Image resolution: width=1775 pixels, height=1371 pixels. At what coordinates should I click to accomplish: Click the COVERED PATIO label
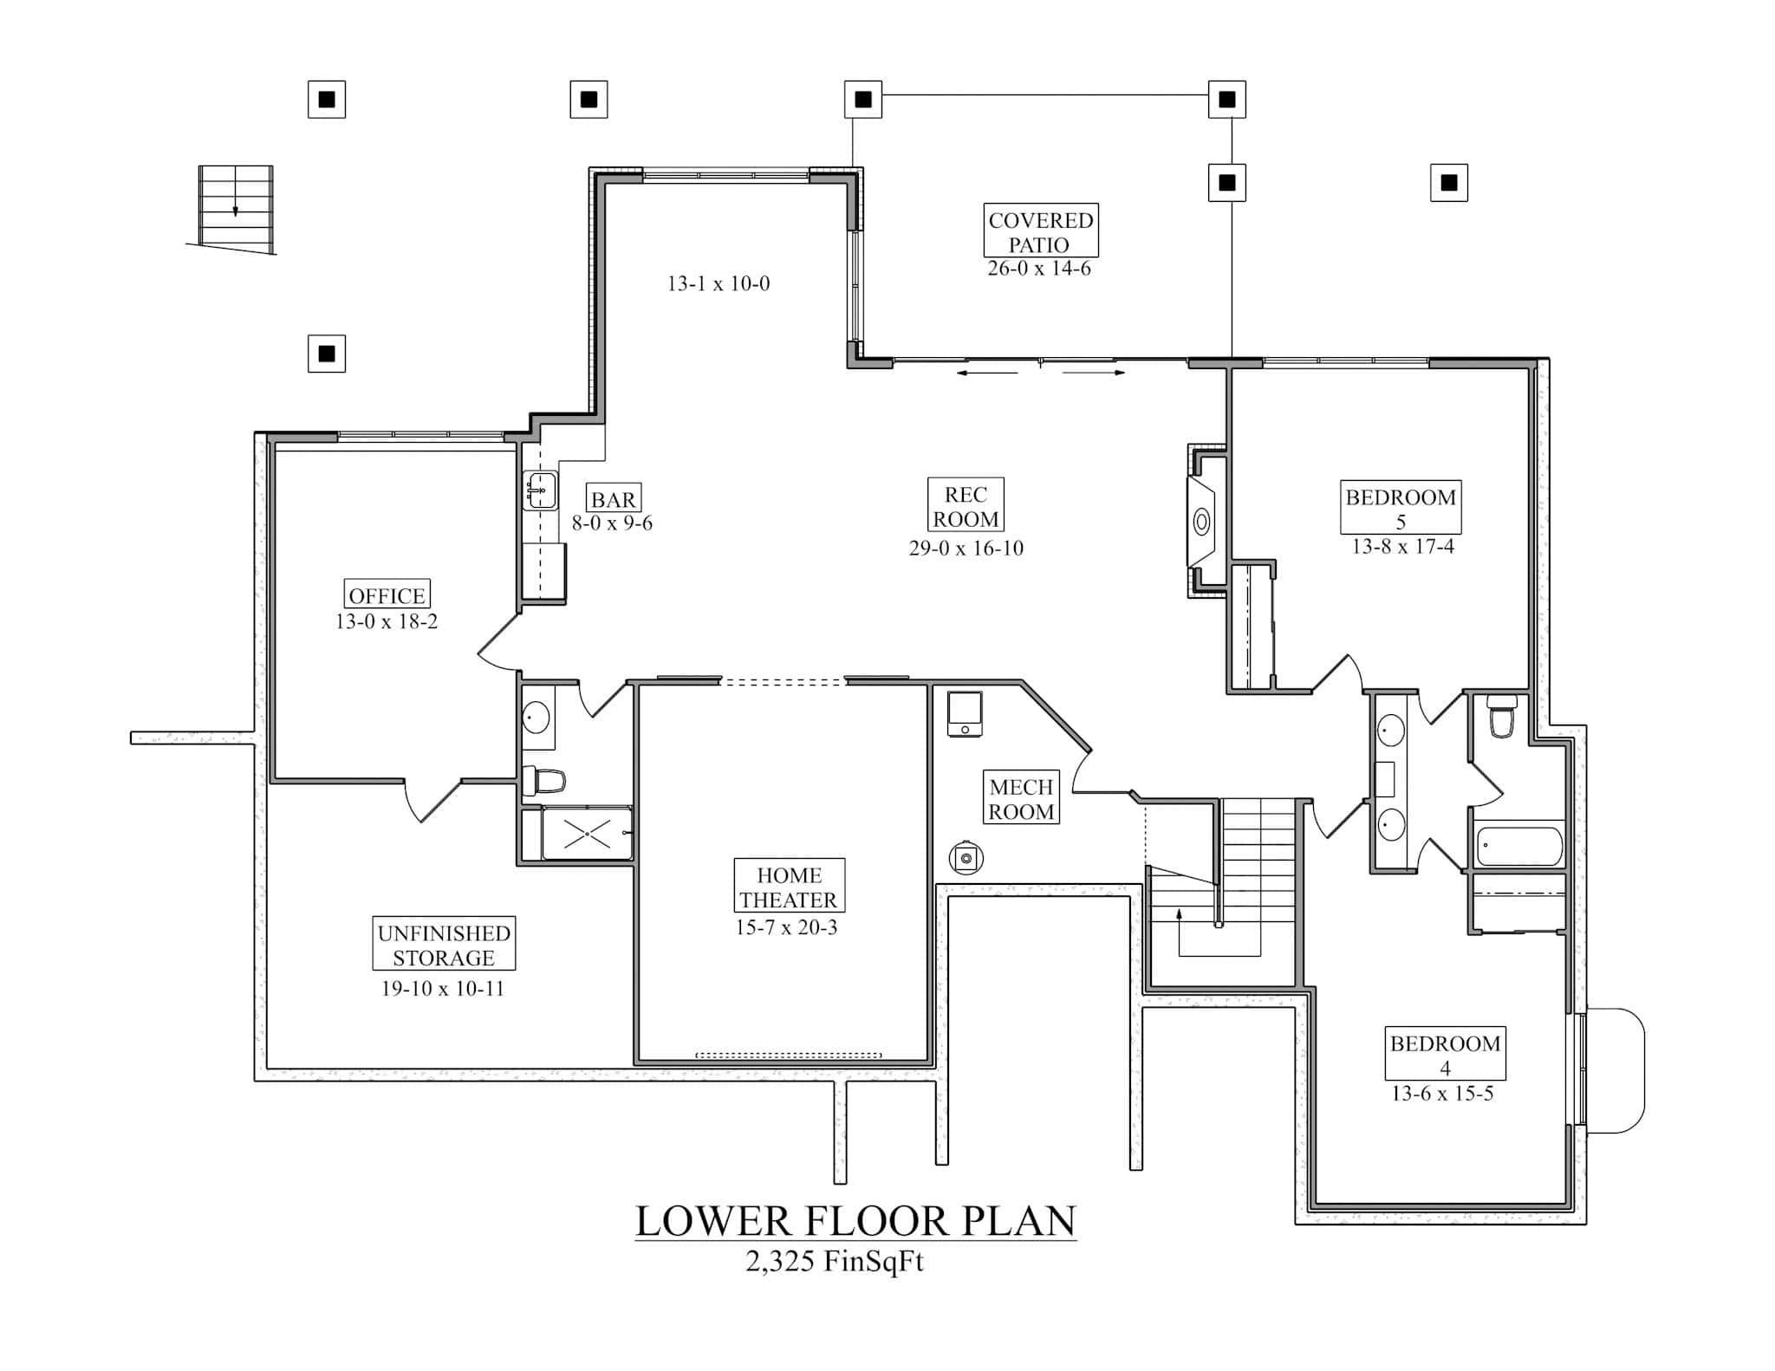pyautogui.click(x=1040, y=231)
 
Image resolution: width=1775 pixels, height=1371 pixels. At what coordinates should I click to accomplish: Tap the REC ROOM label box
pyautogui.click(x=966, y=506)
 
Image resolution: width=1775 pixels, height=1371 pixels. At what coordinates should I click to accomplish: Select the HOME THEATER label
pyautogui.click(x=789, y=887)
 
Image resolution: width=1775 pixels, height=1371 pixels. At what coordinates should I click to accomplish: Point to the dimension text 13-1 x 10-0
pyautogui.click(x=718, y=283)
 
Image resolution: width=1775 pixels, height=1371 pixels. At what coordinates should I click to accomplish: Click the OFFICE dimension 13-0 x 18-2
pyautogui.click(x=387, y=621)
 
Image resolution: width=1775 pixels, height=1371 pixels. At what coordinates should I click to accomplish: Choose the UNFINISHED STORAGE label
pyautogui.click(x=444, y=945)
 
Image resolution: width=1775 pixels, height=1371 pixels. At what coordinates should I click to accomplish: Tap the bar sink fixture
pyautogui.click(x=540, y=491)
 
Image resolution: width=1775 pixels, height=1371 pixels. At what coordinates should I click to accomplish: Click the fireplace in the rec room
pyautogui.click(x=1201, y=522)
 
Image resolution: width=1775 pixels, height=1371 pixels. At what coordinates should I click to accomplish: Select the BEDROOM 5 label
pyautogui.click(x=1401, y=508)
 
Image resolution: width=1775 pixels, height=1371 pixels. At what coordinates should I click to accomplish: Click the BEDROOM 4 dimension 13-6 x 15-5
pyautogui.click(x=1442, y=1094)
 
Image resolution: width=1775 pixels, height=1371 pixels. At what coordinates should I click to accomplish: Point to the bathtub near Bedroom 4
pyautogui.click(x=1519, y=845)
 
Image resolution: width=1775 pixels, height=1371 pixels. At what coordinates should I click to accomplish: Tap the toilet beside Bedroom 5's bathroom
pyautogui.click(x=1500, y=718)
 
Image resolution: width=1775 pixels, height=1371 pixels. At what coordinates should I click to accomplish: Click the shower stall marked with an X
pyautogui.click(x=587, y=834)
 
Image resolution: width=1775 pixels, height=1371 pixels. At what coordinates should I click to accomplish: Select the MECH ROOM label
pyautogui.click(x=1021, y=798)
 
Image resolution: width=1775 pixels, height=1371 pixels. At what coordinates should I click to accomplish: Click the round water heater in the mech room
pyautogui.click(x=966, y=858)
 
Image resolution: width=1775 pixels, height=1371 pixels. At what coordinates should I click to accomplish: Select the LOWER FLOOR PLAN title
pyautogui.click(x=855, y=1221)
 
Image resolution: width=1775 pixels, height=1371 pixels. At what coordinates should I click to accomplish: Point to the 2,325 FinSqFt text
pyautogui.click(x=834, y=1262)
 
